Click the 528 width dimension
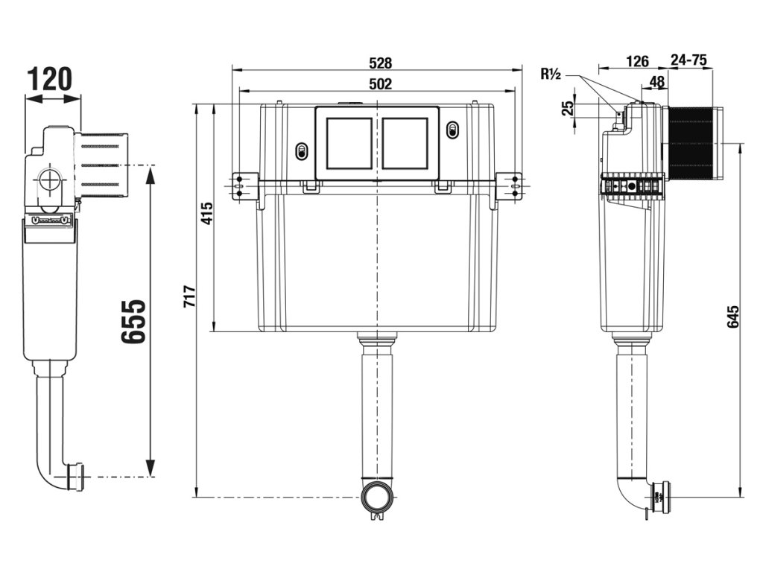(x=380, y=63)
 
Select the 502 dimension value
(x=380, y=83)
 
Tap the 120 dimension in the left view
(x=49, y=80)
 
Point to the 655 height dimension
(x=133, y=322)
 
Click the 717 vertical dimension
(x=189, y=296)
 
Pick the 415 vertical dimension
(x=207, y=212)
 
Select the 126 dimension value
(x=637, y=61)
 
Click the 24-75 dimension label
(x=688, y=60)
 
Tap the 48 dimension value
(x=657, y=81)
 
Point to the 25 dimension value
(x=568, y=108)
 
